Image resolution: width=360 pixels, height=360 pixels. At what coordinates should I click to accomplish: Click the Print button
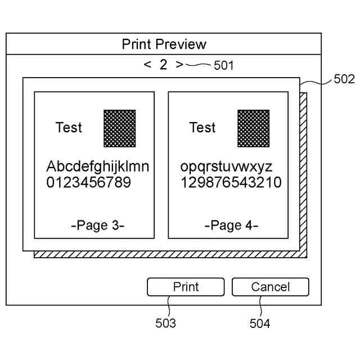point(186,287)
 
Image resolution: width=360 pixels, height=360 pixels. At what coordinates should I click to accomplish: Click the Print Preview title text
point(164,44)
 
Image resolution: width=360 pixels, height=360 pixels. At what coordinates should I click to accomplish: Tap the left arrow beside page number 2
point(147,64)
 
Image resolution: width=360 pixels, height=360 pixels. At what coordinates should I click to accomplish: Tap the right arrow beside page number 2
point(179,64)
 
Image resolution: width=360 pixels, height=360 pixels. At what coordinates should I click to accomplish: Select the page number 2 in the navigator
point(163,64)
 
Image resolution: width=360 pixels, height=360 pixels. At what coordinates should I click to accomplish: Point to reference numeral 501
point(224,66)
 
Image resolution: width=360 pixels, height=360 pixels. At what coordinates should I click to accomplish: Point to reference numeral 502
point(344,79)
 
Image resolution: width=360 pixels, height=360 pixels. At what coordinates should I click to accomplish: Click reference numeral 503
point(165,323)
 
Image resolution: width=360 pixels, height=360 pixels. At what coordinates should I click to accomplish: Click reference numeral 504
point(260,323)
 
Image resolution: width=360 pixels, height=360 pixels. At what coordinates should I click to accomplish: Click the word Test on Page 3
point(69,128)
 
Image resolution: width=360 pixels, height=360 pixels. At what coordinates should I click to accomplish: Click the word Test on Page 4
point(202,128)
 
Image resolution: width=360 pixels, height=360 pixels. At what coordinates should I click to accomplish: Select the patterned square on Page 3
point(119,128)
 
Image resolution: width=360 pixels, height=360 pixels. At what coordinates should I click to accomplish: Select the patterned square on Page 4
point(253,128)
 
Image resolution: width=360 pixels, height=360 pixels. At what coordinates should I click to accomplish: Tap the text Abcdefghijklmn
point(98,167)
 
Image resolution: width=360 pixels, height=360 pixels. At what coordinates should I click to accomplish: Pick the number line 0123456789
point(88,182)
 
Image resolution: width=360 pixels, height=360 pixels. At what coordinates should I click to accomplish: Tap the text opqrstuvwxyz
point(226,167)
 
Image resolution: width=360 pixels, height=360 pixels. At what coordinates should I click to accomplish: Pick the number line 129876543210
point(231,182)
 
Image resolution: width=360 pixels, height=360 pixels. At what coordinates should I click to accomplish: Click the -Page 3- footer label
point(98,226)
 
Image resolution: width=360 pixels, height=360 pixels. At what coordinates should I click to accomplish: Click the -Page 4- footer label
point(231,226)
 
